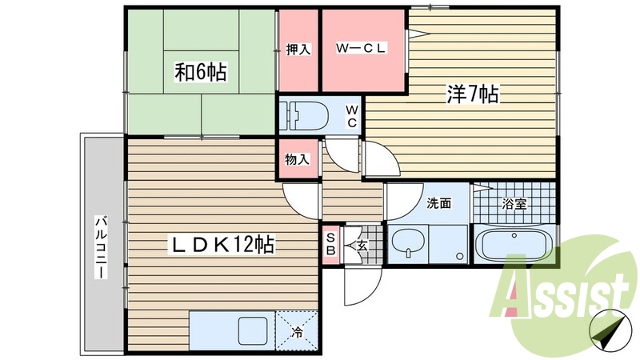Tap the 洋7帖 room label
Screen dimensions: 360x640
coord(472,95)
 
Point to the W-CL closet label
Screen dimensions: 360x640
coord(361,49)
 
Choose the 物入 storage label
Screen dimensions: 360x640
coord(298,159)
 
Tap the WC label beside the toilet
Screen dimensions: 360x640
coord(352,116)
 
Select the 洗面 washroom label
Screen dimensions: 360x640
coord(438,203)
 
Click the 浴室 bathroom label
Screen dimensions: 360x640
coord(514,203)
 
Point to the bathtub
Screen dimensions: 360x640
coord(512,243)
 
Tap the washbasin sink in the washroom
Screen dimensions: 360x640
coord(407,242)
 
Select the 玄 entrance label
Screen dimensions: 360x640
coord(361,246)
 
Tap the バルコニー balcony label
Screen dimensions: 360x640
coord(102,246)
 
